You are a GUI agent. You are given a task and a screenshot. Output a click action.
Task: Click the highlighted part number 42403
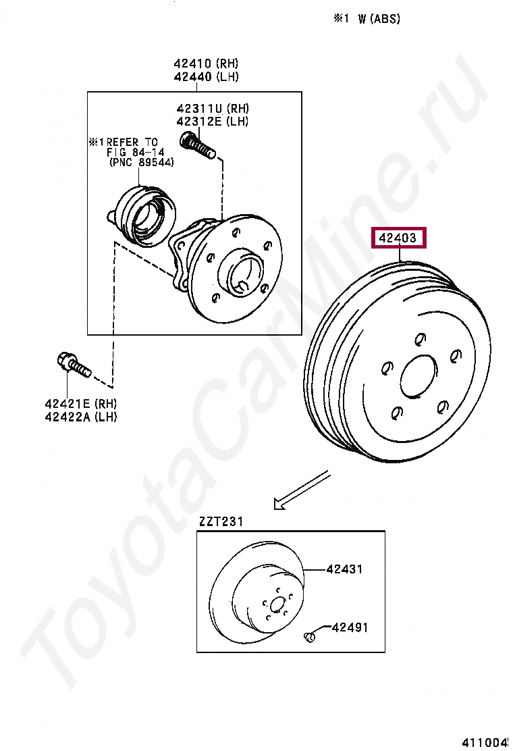(398, 238)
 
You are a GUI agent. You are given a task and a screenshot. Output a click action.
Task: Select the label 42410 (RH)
(206, 63)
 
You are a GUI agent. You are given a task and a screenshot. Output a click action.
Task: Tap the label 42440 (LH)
(206, 76)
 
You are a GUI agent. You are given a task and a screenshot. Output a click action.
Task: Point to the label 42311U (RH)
(213, 108)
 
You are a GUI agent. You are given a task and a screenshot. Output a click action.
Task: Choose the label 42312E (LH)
(213, 121)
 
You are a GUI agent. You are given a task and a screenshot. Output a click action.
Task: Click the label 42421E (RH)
(81, 403)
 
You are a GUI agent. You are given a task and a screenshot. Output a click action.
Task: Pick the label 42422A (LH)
(81, 417)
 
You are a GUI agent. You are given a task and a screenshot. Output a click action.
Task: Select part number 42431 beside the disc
(344, 569)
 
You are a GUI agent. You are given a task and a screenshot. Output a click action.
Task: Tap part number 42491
(350, 627)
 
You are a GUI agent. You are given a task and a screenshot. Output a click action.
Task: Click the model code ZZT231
(221, 521)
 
